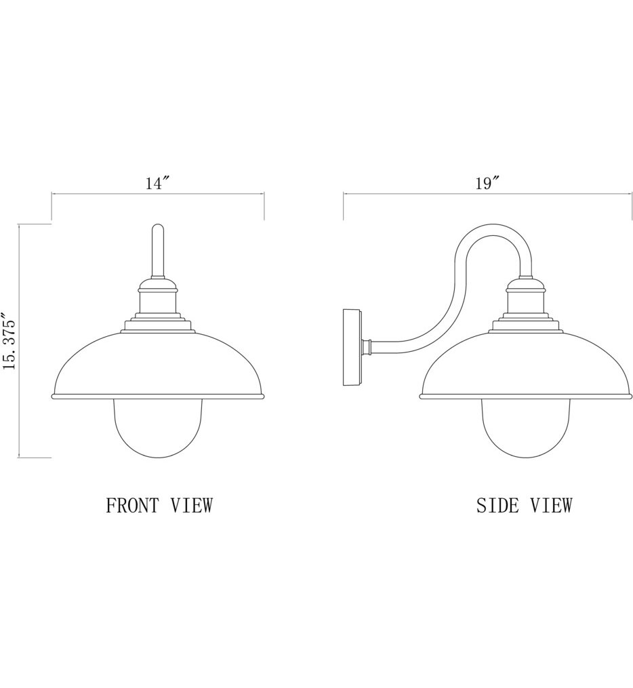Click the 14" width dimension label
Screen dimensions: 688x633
click(157, 183)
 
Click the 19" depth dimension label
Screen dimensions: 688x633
click(487, 183)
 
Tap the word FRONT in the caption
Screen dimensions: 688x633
click(133, 505)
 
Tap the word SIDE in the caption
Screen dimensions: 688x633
click(497, 505)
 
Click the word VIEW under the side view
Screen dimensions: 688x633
click(550, 505)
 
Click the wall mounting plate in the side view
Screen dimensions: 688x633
click(352, 347)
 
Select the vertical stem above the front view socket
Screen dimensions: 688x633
click(157, 251)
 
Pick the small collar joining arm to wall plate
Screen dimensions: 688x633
click(367, 347)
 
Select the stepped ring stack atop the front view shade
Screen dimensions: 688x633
click(157, 321)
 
